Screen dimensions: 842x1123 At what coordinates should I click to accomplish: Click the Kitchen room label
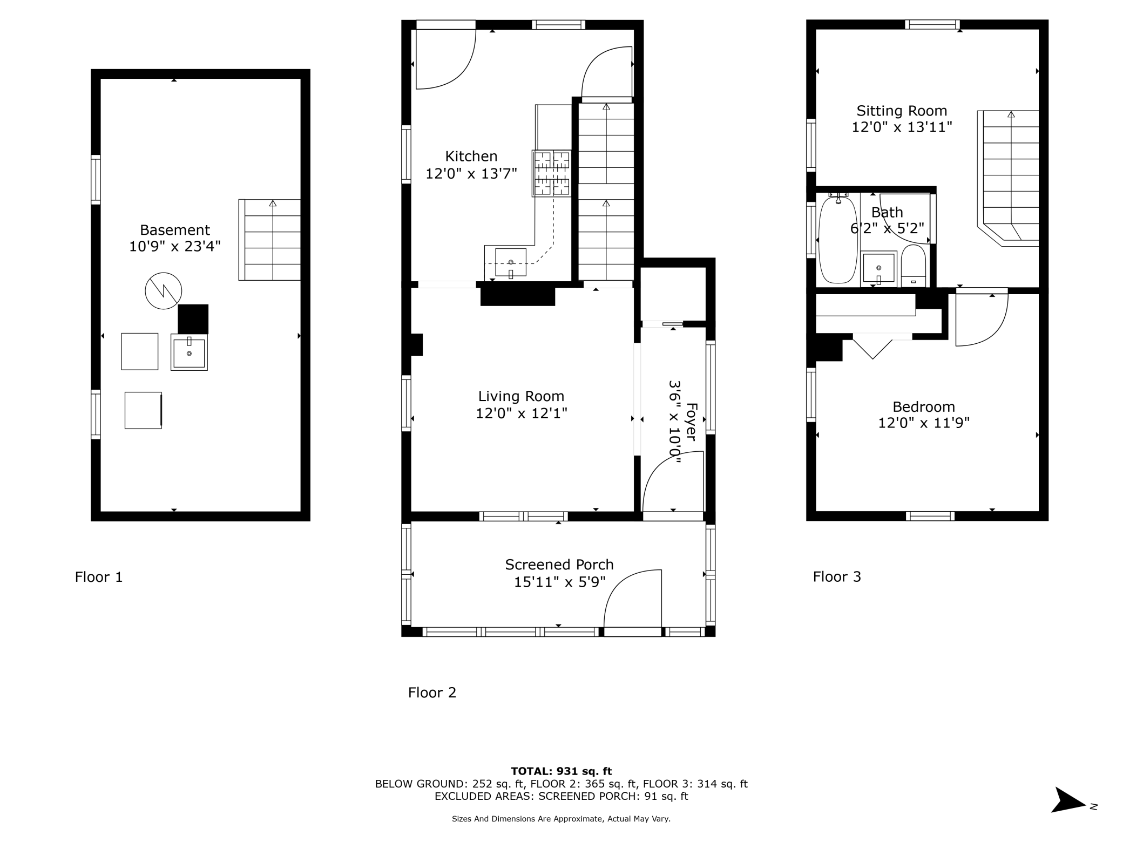click(x=471, y=157)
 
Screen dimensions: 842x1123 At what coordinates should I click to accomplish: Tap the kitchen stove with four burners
click(x=551, y=173)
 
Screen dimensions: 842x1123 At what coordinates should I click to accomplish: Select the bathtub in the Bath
click(x=838, y=240)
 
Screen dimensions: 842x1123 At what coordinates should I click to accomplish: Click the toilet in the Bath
click(x=913, y=267)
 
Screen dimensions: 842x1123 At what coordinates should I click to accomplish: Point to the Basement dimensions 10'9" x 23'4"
click(x=174, y=247)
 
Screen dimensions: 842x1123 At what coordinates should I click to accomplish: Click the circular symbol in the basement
click(x=164, y=291)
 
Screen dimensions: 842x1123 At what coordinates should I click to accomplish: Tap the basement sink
click(x=189, y=352)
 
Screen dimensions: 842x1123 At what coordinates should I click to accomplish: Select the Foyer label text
click(x=691, y=422)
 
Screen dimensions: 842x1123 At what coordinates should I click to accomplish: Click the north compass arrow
click(x=1068, y=800)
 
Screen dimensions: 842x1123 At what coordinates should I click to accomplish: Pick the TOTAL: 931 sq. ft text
click(x=561, y=771)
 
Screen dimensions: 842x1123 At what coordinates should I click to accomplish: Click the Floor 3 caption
click(x=837, y=577)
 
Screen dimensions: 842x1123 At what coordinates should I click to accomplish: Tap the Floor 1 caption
click(x=99, y=577)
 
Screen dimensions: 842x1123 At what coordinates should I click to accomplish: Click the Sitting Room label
click(x=902, y=111)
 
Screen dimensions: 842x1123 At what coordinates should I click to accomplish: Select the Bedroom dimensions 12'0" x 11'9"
click(x=923, y=423)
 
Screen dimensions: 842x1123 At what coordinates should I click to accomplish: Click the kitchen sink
click(x=511, y=262)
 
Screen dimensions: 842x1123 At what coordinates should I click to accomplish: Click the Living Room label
click(x=521, y=397)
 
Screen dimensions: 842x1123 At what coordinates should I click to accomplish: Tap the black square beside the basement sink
click(x=193, y=319)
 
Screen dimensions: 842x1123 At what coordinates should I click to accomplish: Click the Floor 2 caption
click(x=432, y=692)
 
